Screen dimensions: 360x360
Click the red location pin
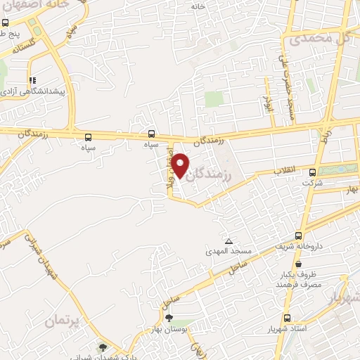[181, 165]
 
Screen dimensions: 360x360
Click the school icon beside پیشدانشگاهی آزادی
[31, 80]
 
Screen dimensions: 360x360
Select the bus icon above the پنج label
[6, 22]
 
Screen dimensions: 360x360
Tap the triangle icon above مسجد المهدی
[228, 240]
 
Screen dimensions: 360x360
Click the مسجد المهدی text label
[224, 251]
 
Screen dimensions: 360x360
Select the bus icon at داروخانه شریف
[300, 236]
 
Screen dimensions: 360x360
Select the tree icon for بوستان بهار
[168, 318]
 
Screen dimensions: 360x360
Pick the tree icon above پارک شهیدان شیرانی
[105, 347]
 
